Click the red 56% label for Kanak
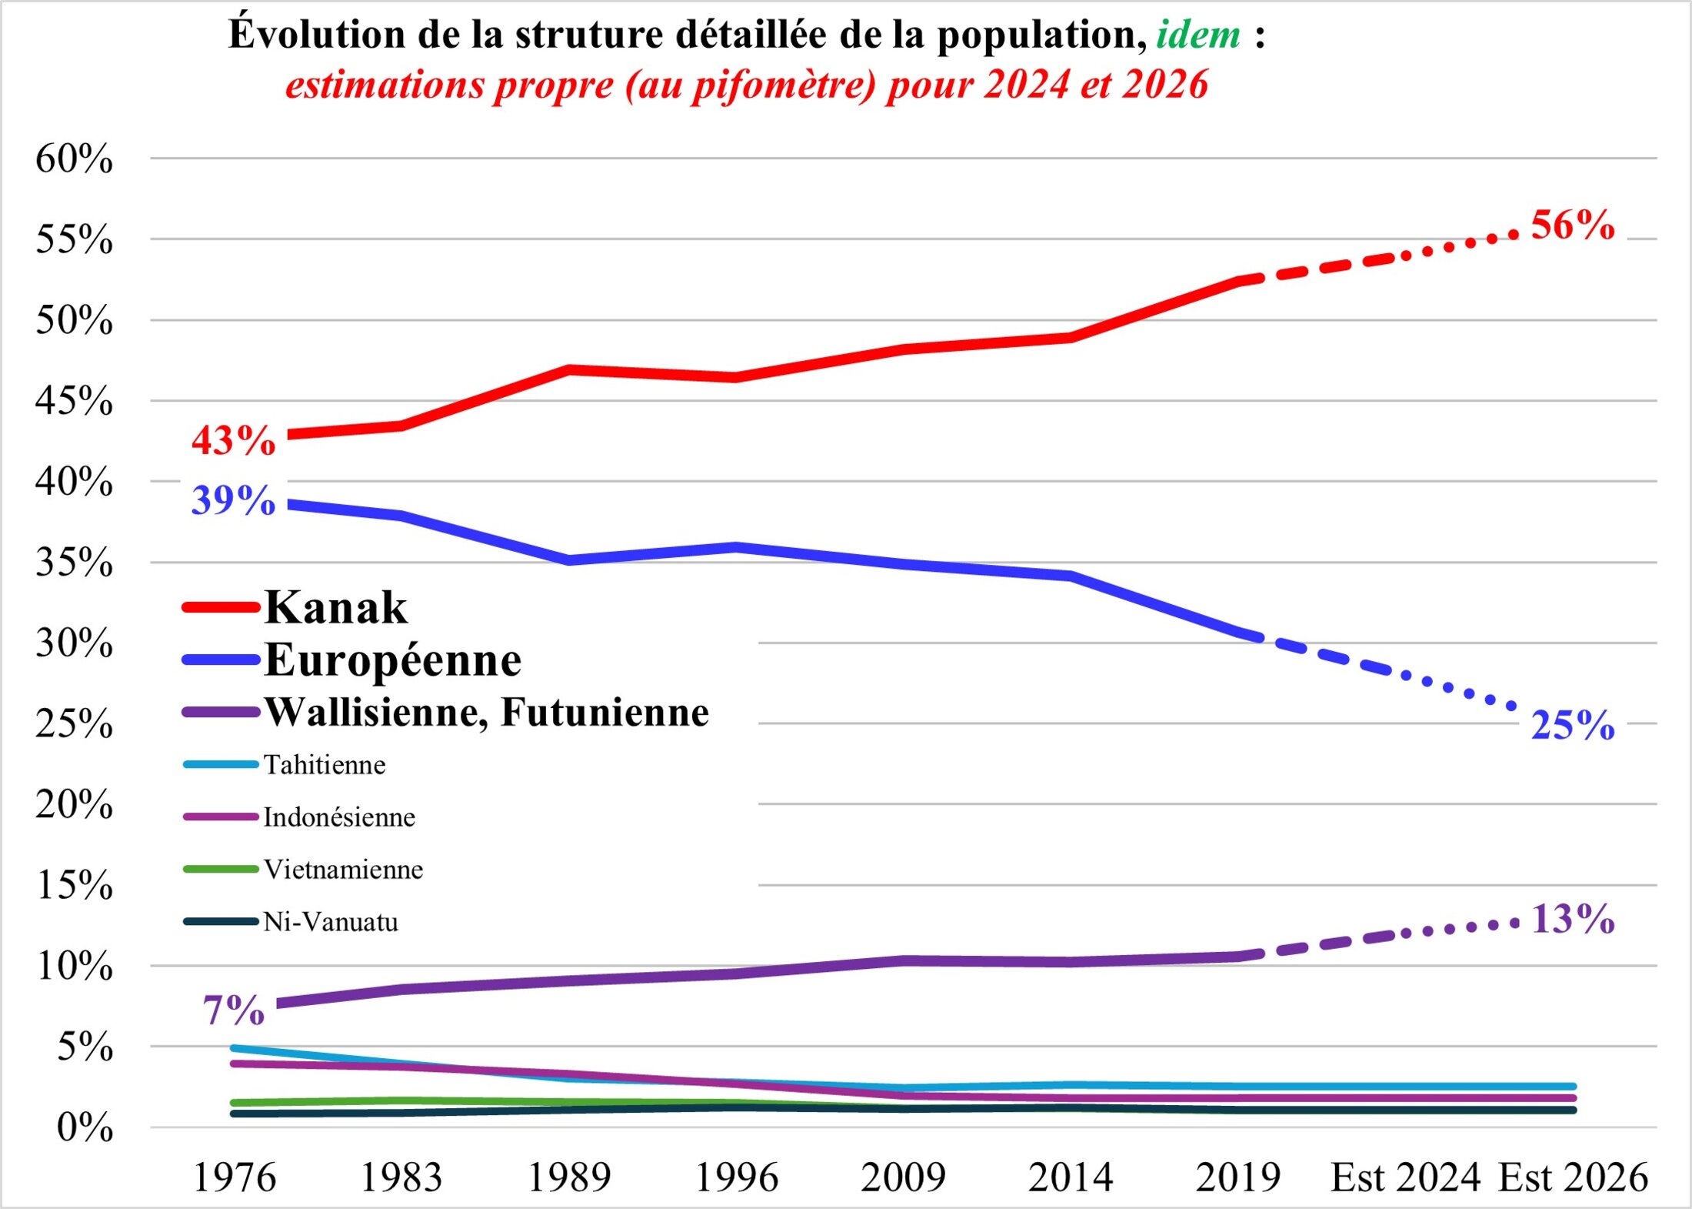(1572, 225)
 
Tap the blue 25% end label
(1572, 725)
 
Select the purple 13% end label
(1572, 919)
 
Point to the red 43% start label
(233, 441)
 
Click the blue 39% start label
(233, 500)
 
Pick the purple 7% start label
(234, 1010)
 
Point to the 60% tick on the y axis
(74, 159)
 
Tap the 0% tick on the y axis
(85, 1128)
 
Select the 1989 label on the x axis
(569, 1177)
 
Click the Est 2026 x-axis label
(1573, 1177)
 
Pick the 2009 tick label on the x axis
(903, 1177)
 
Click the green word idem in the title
(1198, 35)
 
